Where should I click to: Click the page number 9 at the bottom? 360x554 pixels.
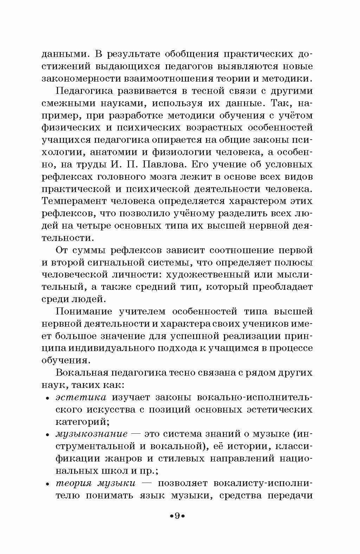click(x=177, y=516)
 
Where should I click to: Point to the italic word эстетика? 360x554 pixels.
click(x=81, y=397)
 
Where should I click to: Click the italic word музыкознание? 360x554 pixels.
click(x=91, y=434)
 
